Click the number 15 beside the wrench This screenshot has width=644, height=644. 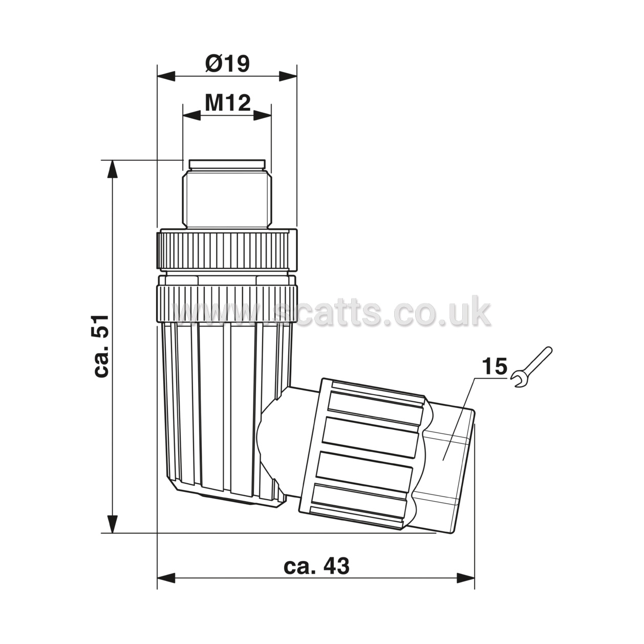[x=495, y=366]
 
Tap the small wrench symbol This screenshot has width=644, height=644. [x=532, y=367]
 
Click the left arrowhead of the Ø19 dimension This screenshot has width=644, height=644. [x=166, y=76]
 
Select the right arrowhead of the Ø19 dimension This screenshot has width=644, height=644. [x=288, y=76]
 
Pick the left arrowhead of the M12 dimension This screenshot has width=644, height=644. [x=191, y=116]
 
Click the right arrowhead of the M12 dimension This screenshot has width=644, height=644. [x=262, y=116]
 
